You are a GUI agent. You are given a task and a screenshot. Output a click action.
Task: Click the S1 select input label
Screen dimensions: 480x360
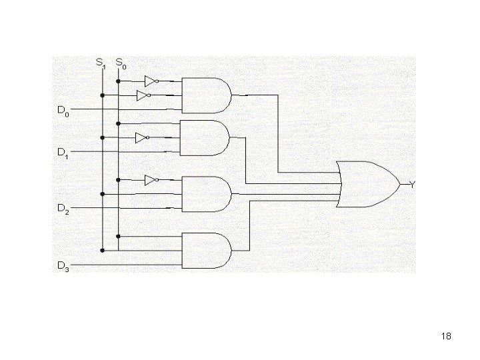(100, 64)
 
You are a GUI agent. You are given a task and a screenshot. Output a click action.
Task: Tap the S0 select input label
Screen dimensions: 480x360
(121, 64)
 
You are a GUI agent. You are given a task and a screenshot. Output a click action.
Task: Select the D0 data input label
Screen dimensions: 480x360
(62, 111)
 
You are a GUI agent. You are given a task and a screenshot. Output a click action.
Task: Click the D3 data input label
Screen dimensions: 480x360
(62, 267)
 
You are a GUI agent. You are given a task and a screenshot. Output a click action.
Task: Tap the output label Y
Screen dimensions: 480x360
(412, 185)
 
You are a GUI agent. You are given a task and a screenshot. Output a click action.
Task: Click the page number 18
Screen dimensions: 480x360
(446, 337)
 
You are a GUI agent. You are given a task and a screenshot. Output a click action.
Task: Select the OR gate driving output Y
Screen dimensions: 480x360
(367, 183)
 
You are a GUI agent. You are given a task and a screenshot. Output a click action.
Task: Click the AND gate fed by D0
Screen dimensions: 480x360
(206, 95)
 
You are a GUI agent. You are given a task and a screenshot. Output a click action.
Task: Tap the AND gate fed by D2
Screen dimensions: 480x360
(206, 193)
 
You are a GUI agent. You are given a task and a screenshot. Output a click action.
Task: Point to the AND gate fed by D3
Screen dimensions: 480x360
(206, 249)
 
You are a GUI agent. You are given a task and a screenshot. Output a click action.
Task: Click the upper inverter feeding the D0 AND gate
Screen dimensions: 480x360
(151, 81)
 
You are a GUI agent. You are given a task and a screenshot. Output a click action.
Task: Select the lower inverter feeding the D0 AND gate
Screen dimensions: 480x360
(143, 96)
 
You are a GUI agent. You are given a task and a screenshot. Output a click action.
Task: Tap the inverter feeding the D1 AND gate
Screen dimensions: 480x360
(141, 138)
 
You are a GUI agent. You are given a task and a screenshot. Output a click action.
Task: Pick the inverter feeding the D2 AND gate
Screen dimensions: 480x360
(151, 180)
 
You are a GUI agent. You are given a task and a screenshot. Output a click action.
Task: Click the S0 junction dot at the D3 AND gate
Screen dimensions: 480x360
(118, 236)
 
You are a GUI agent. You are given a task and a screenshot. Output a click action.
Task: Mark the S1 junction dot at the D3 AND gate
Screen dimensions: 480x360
(102, 251)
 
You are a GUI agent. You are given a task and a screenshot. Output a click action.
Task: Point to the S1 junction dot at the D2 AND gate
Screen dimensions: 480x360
(102, 194)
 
